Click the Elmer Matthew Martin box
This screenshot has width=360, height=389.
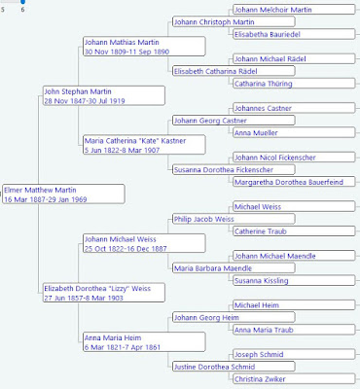click(x=63, y=194)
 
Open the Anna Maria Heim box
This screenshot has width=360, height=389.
click(x=111, y=337)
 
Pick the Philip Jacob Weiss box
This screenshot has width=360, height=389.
click(x=203, y=219)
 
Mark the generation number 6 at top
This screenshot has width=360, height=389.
click(x=22, y=9)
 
